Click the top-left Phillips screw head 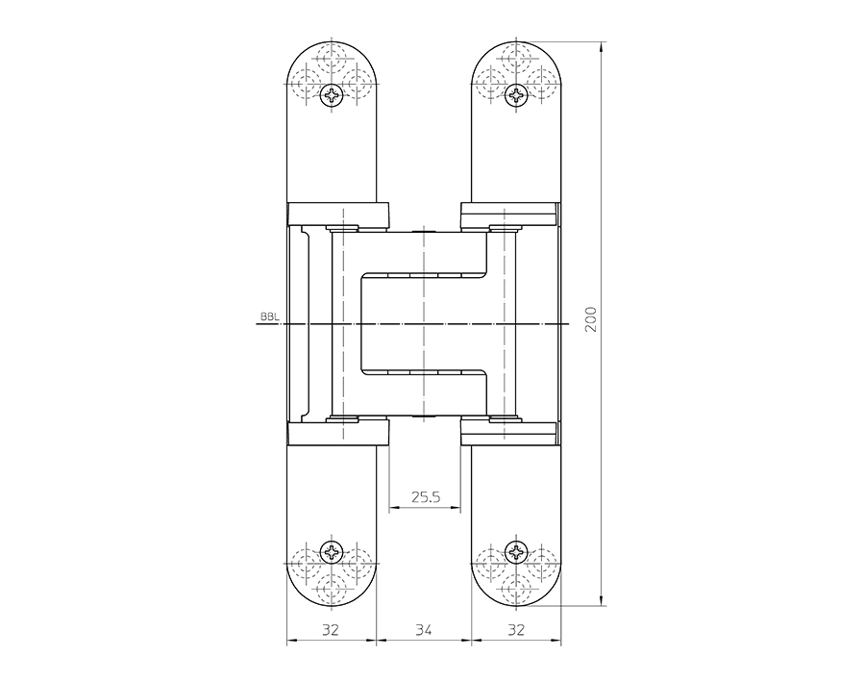click(x=333, y=94)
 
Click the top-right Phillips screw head click(x=516, y=94)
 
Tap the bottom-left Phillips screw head click(x=333, y=552)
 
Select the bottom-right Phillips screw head click(x=516, y=552)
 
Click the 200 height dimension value click(x=591, y=319)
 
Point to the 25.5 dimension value click(x=426, y=497)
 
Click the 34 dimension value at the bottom click(x=424, y=630)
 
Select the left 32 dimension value click(x=331, y=630)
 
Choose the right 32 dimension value click(x=516, y=630)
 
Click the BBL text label click(x=269, y=316)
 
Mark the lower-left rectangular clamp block click(x=338, y=434)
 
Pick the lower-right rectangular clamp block click(x=509, y=434)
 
